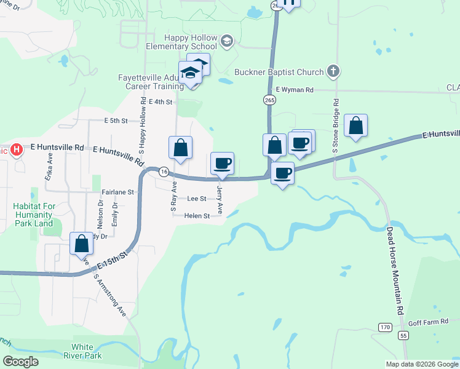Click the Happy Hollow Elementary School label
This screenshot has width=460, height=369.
181,42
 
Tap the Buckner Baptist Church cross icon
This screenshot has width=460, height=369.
333,71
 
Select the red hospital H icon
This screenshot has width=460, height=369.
17,149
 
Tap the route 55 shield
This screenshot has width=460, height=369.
403,335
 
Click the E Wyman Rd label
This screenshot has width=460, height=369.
295,90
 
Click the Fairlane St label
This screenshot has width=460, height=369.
117,192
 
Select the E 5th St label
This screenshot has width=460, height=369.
116,121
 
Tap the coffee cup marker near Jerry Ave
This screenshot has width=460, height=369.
223,164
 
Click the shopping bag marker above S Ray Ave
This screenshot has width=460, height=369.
180,148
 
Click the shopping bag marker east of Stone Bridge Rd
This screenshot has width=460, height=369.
355,125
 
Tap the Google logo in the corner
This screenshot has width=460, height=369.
21,362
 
